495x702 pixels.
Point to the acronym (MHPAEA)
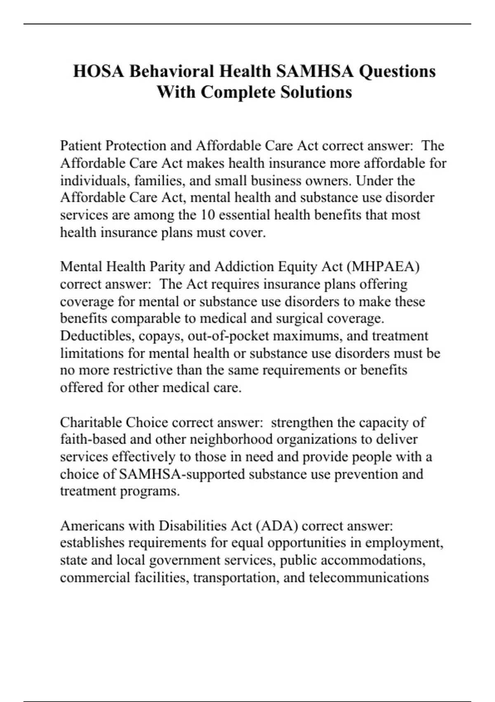click(x=383, y=267)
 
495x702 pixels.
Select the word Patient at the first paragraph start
click(x=81, y=146)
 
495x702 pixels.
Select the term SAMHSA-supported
click(x=181, y=474)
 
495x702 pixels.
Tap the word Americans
click(x=92, y=526)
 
